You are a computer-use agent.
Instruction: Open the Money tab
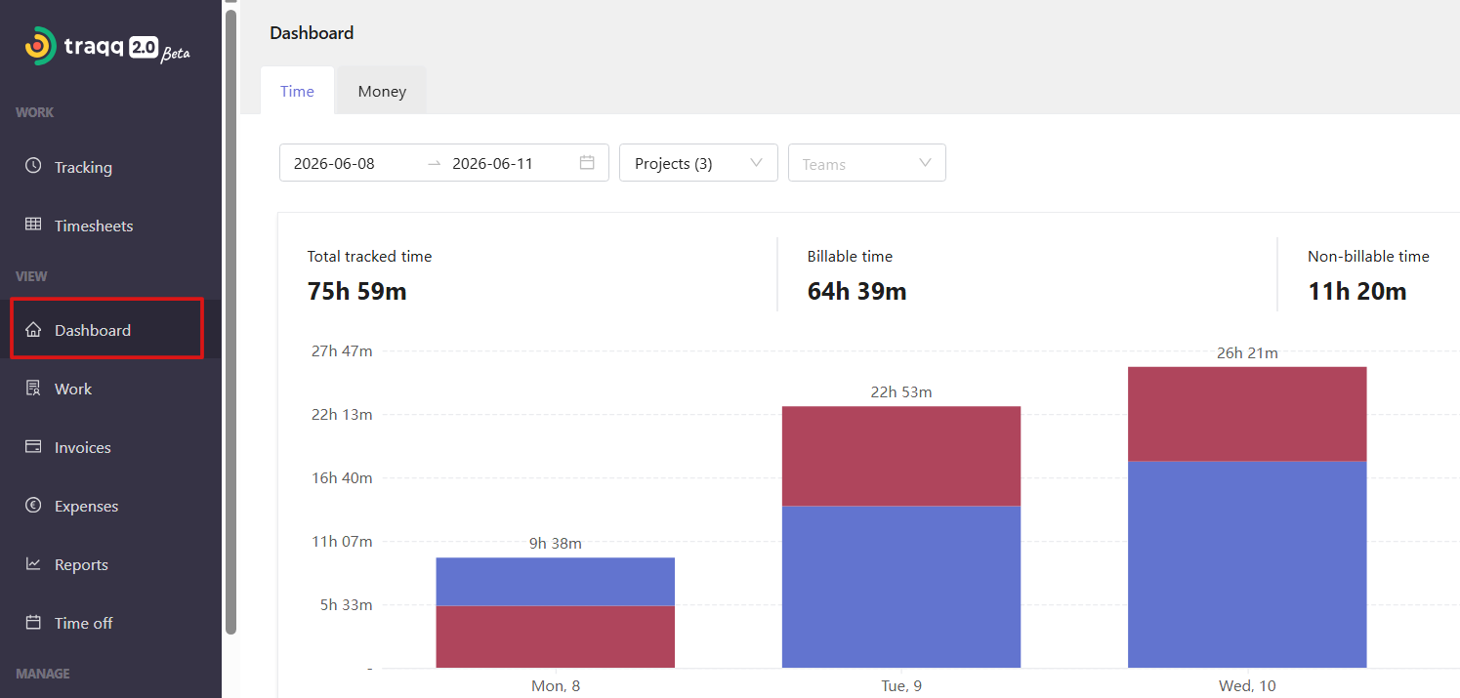point(382,91)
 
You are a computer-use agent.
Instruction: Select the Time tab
point(297,91)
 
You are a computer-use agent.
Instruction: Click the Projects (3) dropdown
point(698,163)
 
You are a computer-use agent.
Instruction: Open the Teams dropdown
point(867,163)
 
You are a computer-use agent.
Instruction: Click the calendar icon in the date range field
point(587,162)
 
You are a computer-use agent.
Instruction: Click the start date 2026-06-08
point(334,164)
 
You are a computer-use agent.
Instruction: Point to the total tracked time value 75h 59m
point(357,291)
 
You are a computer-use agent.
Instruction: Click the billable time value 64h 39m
point(857,291)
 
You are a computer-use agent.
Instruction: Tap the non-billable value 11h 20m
point(1357,291)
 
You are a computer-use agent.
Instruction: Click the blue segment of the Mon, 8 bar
point(556,581)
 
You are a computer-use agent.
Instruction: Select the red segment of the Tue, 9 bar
point(901,456)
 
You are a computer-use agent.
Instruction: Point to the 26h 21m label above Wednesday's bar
point(1247,353)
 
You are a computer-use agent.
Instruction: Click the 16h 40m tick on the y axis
point(342,478)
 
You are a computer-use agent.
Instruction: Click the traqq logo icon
point(40,46)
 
